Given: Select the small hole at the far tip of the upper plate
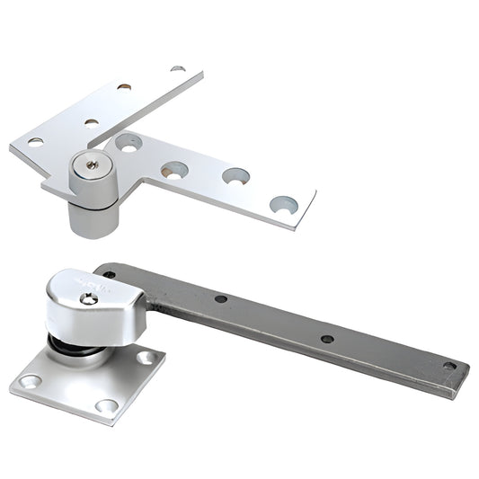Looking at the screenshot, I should [x=178, y=68].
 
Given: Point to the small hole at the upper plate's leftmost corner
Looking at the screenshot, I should [x=35, y=141].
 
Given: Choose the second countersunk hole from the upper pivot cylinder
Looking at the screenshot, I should [x=173, y=169].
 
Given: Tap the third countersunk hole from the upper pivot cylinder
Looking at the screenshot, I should [x=235, y=175].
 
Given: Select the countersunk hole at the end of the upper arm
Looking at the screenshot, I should [x=283, y=204].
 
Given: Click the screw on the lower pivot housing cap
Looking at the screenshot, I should [x=88, y=297].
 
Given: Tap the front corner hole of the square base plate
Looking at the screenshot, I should [x=105, y=407].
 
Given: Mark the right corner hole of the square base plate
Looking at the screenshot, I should [x=145, y=358].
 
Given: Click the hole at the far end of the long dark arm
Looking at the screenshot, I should [x=448, y=366].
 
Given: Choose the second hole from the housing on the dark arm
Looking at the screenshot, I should [x=220, y=297].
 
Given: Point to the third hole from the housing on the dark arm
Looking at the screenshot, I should [x=327, y=339].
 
